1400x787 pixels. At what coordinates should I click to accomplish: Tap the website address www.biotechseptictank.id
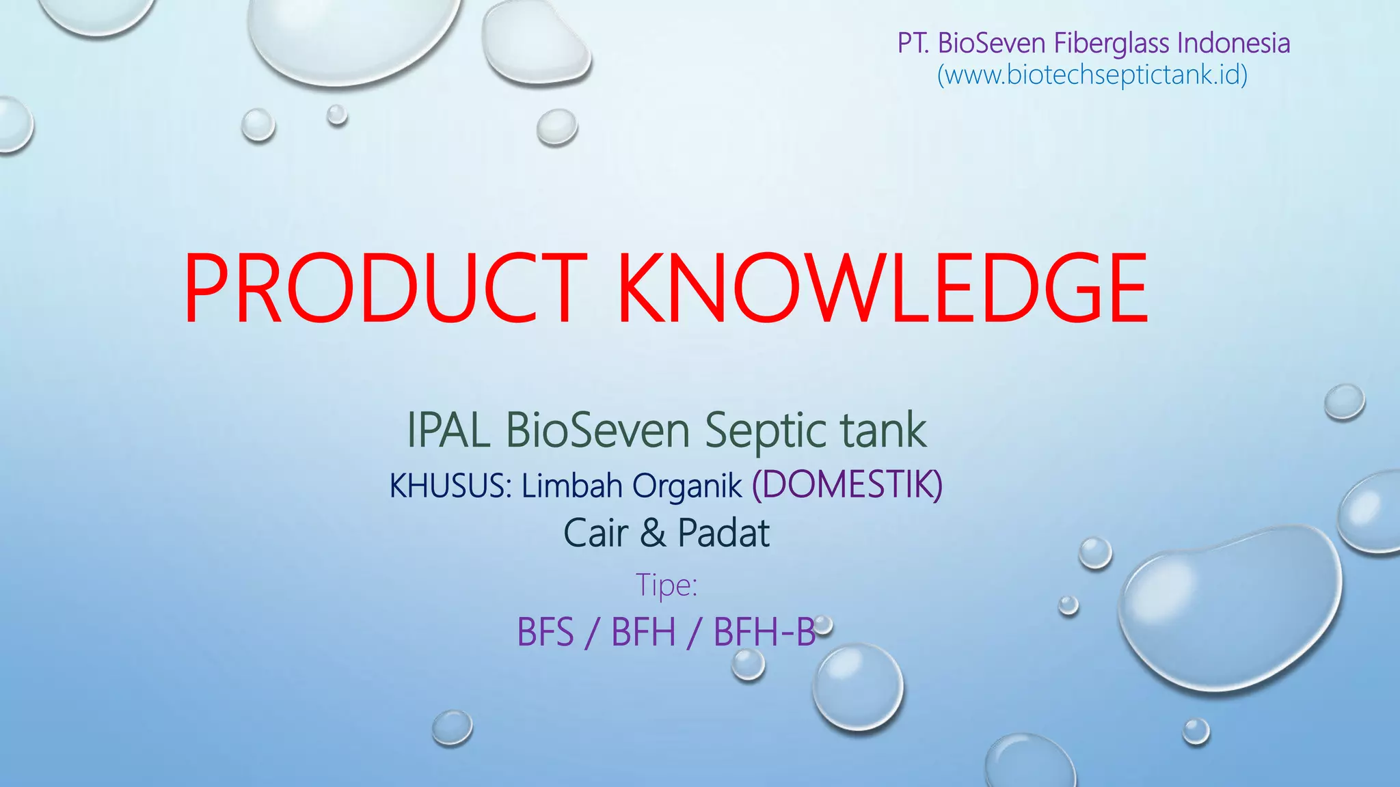point(1092,74)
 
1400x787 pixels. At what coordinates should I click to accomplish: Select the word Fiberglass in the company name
point(1112,43)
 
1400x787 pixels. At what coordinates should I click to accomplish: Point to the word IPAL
point(448,430)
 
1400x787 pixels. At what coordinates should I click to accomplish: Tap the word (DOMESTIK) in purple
point(847,485)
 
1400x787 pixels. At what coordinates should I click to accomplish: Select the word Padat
point(723,534)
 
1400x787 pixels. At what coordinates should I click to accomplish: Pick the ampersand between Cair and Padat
point(653,534)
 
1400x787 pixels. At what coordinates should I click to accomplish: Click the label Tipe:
point(667,585)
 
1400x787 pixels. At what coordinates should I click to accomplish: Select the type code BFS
point(546,632)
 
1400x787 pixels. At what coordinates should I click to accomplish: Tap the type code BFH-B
point(764,632)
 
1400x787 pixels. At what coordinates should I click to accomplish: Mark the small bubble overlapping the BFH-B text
point(824,624)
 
